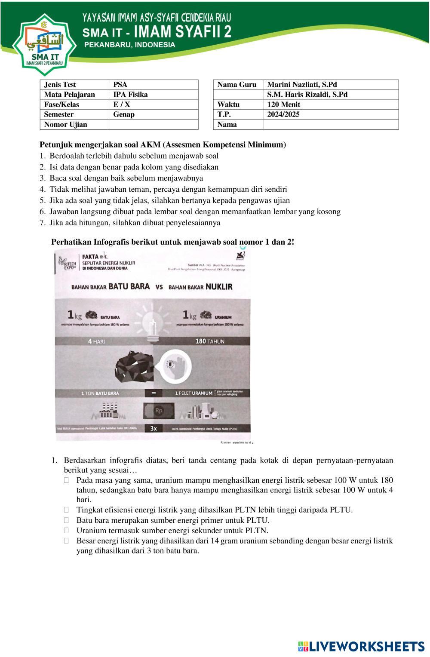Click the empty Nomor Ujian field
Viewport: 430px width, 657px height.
tap(153, 125)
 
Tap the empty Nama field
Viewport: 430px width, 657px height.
tap(330, 125)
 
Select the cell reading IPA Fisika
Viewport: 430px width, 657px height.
tap(130, 95)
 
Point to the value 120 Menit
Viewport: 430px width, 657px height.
tap(284, 104)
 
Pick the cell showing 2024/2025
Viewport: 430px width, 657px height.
tap(283, 114)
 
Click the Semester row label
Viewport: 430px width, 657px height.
tap(59, 114)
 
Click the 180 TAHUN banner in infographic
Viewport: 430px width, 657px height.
tap(210, 341)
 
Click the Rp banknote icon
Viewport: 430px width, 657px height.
tap(159, 410)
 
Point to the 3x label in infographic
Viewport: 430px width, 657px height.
tap(154, 428)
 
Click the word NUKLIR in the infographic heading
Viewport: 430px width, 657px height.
tap(219, 287)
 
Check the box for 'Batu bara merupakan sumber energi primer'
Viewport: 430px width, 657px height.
tap(67, 520)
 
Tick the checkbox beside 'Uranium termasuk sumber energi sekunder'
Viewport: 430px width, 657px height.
tap(67, 531)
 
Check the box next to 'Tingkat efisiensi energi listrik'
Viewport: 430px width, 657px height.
tap(67, 510)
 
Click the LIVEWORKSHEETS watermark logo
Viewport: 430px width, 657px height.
tap(361, 646)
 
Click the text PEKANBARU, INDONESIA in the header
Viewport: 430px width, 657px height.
tap(129, 45)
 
